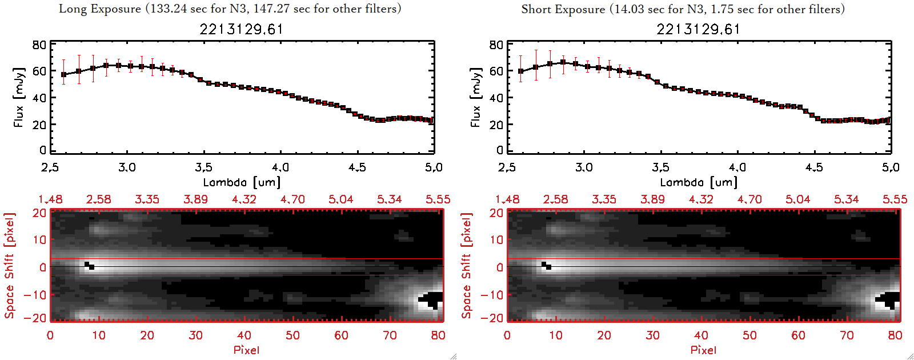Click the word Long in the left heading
(73, 9)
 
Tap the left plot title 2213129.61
(241, 29)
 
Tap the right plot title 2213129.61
(698, 29)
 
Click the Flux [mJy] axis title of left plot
(19, 97)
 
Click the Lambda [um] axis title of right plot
(699, 182)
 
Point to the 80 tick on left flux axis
(39, 45)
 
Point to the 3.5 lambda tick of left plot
(204, 167)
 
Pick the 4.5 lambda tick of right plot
(814, 167)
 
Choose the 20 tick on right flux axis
(496, 125)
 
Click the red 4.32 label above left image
(244, 199)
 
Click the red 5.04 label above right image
(797, 199)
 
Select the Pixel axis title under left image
(246, 350)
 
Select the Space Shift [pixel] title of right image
(467, 266)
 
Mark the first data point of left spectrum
(63, 74)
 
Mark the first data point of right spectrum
(520, 71)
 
